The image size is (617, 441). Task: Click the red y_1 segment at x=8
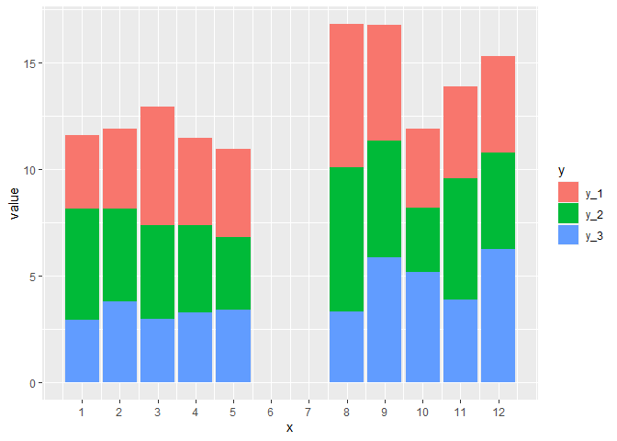coord(346,96)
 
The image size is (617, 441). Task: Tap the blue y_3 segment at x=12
coord(498,315)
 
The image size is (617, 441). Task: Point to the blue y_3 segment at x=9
coord(384,320)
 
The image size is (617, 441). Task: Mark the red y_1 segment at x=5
coord(233,193)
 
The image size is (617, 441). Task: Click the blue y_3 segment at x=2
coord(119,342)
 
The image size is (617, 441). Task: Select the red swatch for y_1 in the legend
coord(569,192)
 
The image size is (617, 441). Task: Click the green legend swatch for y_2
coord(569,214)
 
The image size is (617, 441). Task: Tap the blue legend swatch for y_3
coord(569,236)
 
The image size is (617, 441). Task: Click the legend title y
coord(562,173)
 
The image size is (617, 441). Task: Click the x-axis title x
coord(289,427)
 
